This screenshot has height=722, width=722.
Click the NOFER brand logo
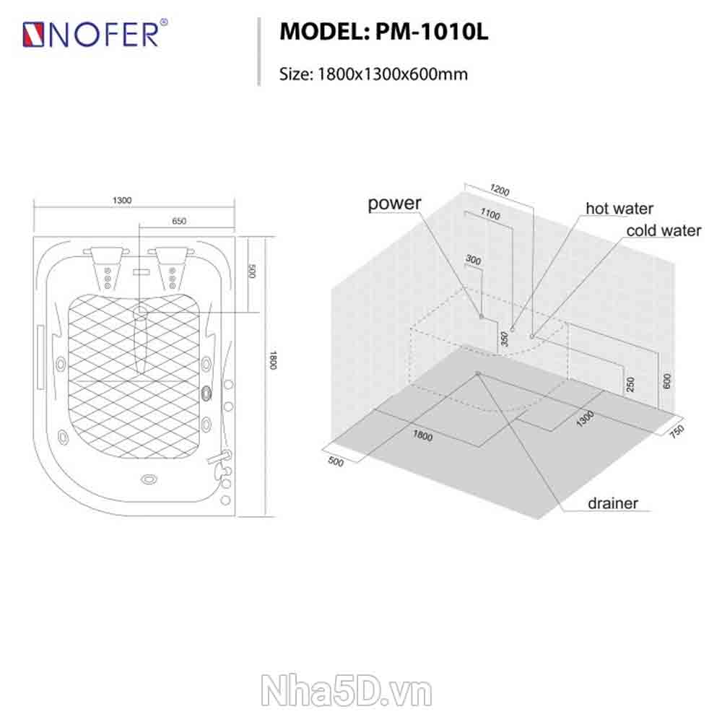[x=95, y=33]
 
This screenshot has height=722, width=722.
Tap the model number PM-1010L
[x=432, y=32]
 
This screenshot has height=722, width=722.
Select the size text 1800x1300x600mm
[x=392, y=74]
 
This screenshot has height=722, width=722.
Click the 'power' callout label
[x=394, y=204]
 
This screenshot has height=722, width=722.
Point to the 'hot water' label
[x=619, y=208]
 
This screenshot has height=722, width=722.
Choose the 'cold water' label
[x=664, y=230]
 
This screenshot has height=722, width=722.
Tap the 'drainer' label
[x=613, y=503]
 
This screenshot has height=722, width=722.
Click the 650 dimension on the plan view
[x=179, y=221]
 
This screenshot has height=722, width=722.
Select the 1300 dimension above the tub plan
[x=122, y=200]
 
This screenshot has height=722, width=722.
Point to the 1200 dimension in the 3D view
[x=500, y=190]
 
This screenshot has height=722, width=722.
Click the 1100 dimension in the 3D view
[x=490, y=214]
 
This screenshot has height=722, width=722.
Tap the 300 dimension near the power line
[x=474, y=260]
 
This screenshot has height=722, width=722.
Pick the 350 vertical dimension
[x=505, y=339]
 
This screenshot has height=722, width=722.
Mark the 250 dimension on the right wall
[x=630, y=384]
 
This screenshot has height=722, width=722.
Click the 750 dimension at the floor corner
[x=677, y=431]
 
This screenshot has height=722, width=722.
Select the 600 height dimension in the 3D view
[x=666, y=380]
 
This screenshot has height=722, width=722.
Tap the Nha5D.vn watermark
[x=347, y=691]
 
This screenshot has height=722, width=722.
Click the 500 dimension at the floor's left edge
[x=336, y=461]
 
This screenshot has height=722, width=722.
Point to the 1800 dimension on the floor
[x=422, y=435]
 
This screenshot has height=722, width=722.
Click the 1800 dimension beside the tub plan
[x=273, y=360]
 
